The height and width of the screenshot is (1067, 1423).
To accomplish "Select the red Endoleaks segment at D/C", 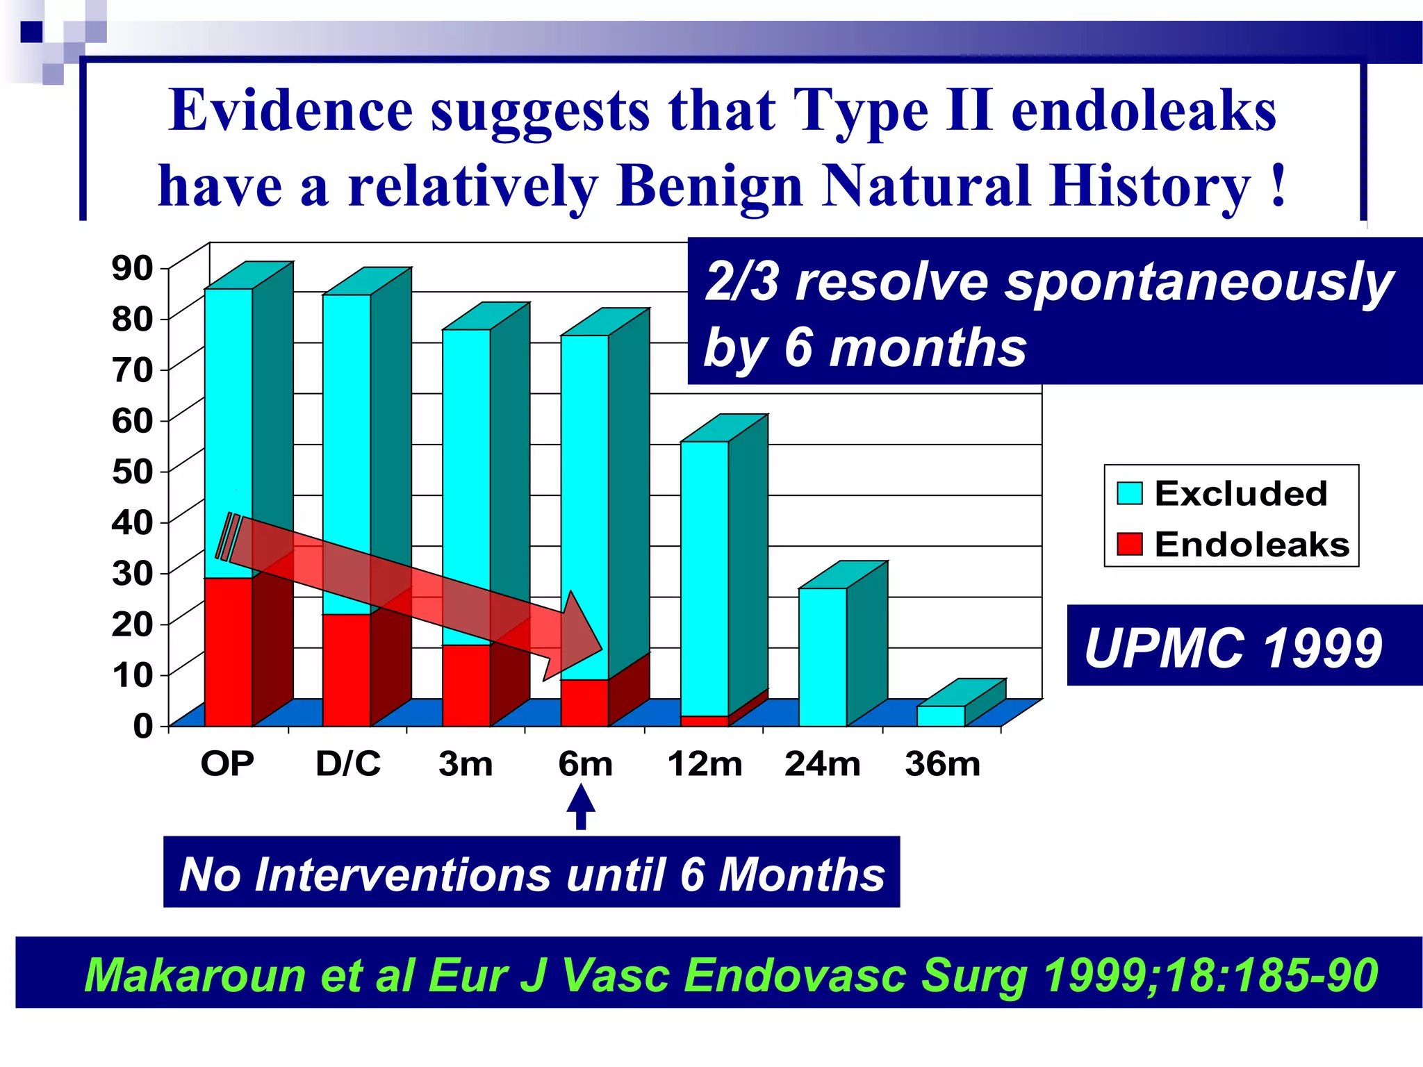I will tap(346, 670).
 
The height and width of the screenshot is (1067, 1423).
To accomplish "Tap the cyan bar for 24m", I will tap(823, 656).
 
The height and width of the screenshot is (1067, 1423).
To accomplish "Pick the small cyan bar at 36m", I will tap(941, 716).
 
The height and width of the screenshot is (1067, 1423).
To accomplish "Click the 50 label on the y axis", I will tap(132, 472).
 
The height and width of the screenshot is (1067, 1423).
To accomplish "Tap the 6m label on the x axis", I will tap(585, 764).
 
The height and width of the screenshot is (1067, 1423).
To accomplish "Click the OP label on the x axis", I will tap(227, 764).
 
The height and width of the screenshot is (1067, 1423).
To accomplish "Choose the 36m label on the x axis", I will tap(942, 764).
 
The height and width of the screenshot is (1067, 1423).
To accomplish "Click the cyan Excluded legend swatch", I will tap(1130, 493).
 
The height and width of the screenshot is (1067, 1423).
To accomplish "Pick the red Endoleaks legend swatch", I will tap(1130, 544).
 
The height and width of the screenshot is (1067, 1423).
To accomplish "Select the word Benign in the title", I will tap(709, 186).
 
